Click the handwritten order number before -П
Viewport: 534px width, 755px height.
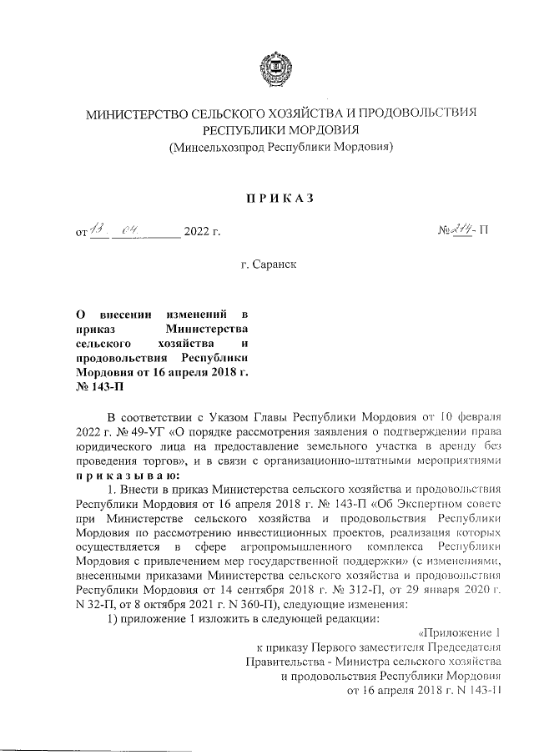point(462,227)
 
